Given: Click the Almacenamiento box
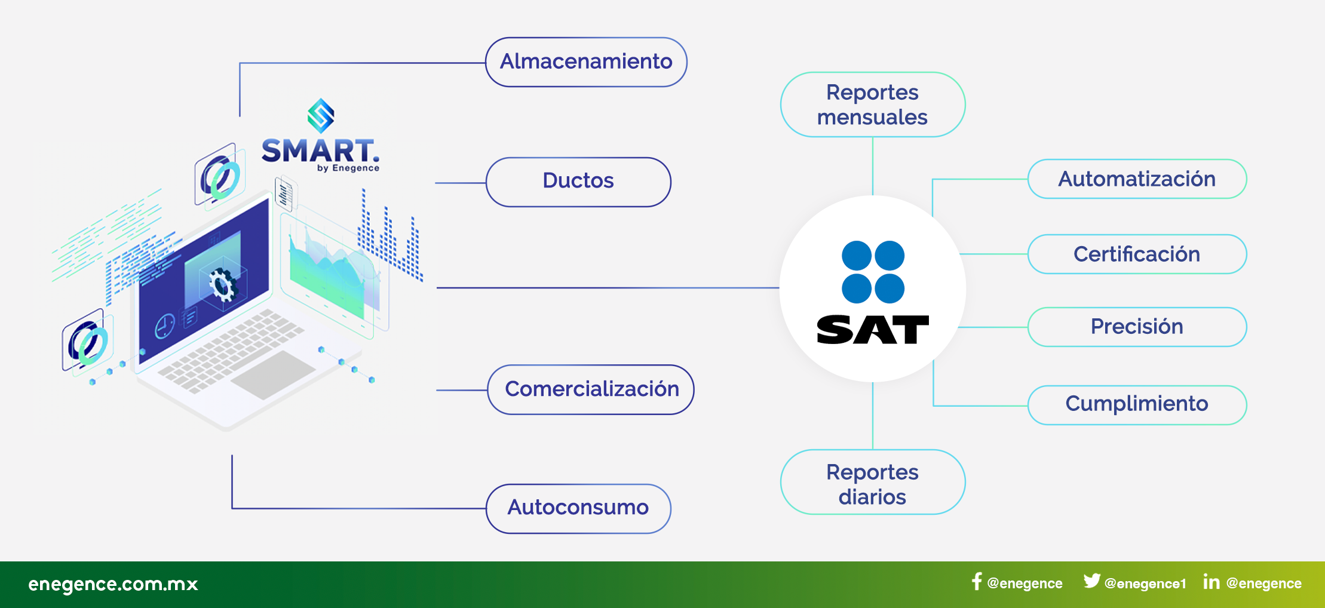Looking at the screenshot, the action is tap(586, 62).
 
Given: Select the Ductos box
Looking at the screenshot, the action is tap(578, 182).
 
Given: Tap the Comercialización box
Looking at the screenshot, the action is tap(591, 389).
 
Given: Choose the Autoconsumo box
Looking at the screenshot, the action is tap(578, 508).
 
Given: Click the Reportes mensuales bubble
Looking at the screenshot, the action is tap(873, 105).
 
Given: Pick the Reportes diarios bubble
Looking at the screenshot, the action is tap(873, 482).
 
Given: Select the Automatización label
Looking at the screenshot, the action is tap(1137, 179).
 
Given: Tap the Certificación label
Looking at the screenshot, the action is tap(1137, 254).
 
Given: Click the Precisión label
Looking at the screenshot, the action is tap(1137, 327).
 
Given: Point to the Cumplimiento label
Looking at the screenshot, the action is tap(1137, 405).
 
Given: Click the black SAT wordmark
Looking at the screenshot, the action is tap(873, 330).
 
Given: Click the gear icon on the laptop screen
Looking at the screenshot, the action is tap(223, 284).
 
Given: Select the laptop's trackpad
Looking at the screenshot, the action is tap(273, 374).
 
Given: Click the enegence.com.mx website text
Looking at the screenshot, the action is tap(113, 584).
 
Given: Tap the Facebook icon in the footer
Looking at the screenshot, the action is tap(977, 582).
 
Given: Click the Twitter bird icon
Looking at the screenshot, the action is tap(1092, 581).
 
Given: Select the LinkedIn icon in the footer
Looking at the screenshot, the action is tap(1211, 582).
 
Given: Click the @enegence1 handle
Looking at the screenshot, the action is tap(1145, 584).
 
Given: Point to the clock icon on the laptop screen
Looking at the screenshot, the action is tap(164, 326).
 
